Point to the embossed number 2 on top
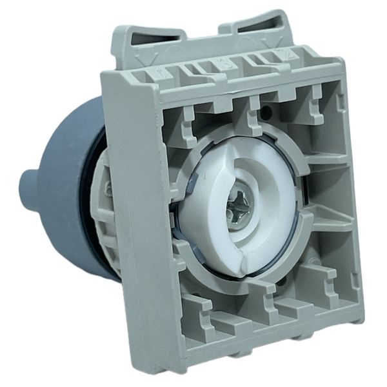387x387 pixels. pos(279,54)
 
